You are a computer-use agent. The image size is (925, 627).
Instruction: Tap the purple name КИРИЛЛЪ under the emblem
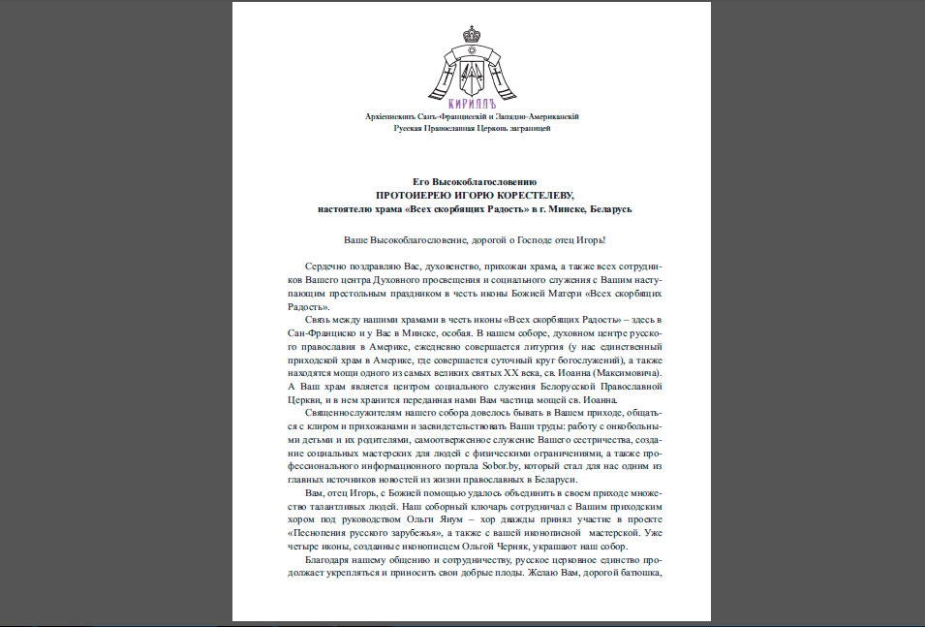pos(473,103)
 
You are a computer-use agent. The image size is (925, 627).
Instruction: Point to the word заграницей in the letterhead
pos(528,128)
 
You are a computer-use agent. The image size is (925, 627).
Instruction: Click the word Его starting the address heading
pos(420,182)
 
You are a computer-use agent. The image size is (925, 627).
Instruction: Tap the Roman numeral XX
pos(522,373)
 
